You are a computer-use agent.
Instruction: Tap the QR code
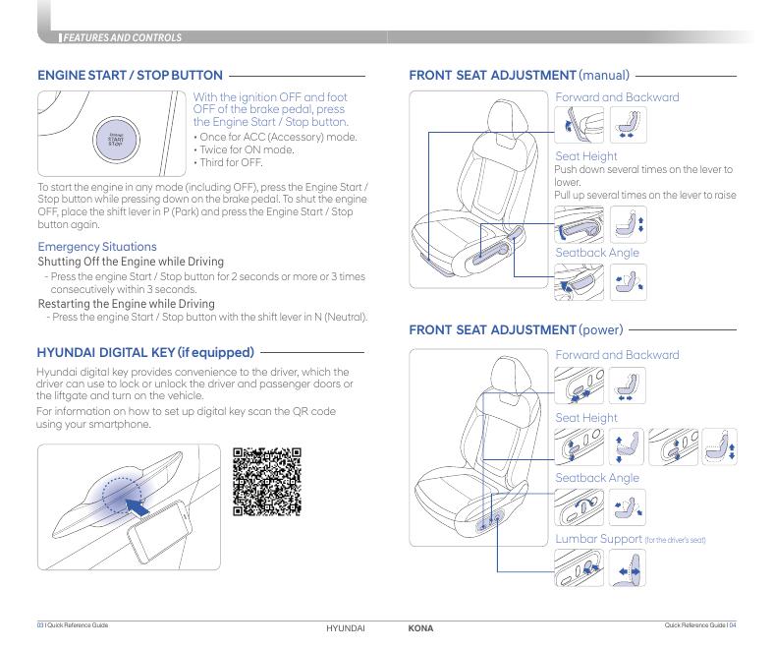point(267,482)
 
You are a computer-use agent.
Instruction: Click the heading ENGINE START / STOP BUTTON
point(130,75)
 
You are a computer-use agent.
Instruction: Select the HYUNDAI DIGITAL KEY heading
point(145,351)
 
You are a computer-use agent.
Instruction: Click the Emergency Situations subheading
point(96,246)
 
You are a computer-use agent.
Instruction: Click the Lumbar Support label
point(599,539)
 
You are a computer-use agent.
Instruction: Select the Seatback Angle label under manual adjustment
point(597,253)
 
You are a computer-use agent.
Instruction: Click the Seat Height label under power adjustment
point(586,418)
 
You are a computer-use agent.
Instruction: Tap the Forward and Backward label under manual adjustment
point(617,97)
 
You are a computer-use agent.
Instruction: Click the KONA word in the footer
point(420,627)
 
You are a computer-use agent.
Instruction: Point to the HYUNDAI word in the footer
point(345,627)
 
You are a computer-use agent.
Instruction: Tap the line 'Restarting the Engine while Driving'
point(126,304)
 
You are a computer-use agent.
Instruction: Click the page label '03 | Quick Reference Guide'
point(73,625)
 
